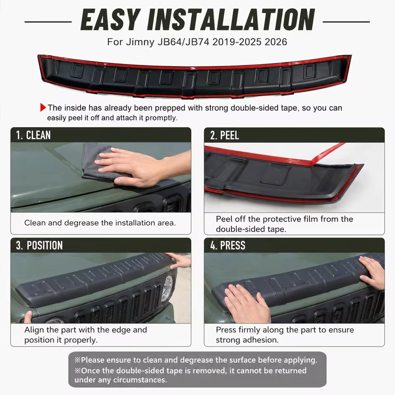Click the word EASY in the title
pos(110,20)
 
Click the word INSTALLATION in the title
pos(231,20)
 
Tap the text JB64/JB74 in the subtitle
pos(184,42)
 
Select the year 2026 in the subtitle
pos(276,42)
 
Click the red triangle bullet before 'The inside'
pos(43,107)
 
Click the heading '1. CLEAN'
pos(33,135)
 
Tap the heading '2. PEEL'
pos(225,135)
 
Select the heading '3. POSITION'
pos(39,245)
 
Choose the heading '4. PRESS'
pos(228,245)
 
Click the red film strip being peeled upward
pos(328,154)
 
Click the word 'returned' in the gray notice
pos(290,371)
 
